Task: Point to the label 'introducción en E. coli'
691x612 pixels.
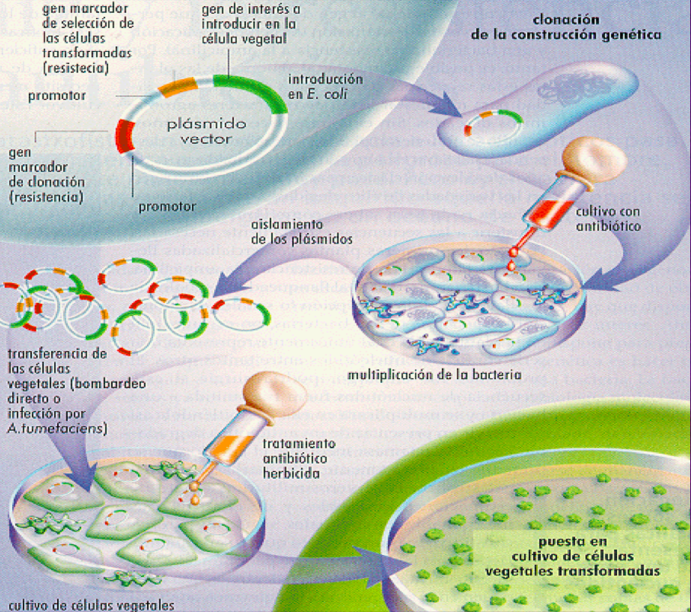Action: pyautogui.click(x=325, y=87)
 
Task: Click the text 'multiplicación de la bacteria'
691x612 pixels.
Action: pyautogui.click(x=434, y=375)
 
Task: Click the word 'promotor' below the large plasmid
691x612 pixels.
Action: pyautogui.click(x=168, y=206)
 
